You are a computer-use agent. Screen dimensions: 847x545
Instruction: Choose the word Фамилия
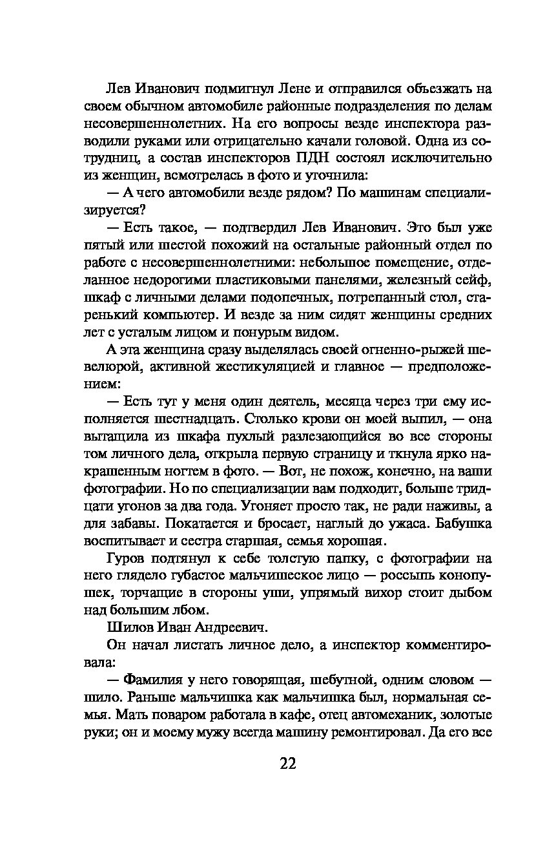154,680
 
